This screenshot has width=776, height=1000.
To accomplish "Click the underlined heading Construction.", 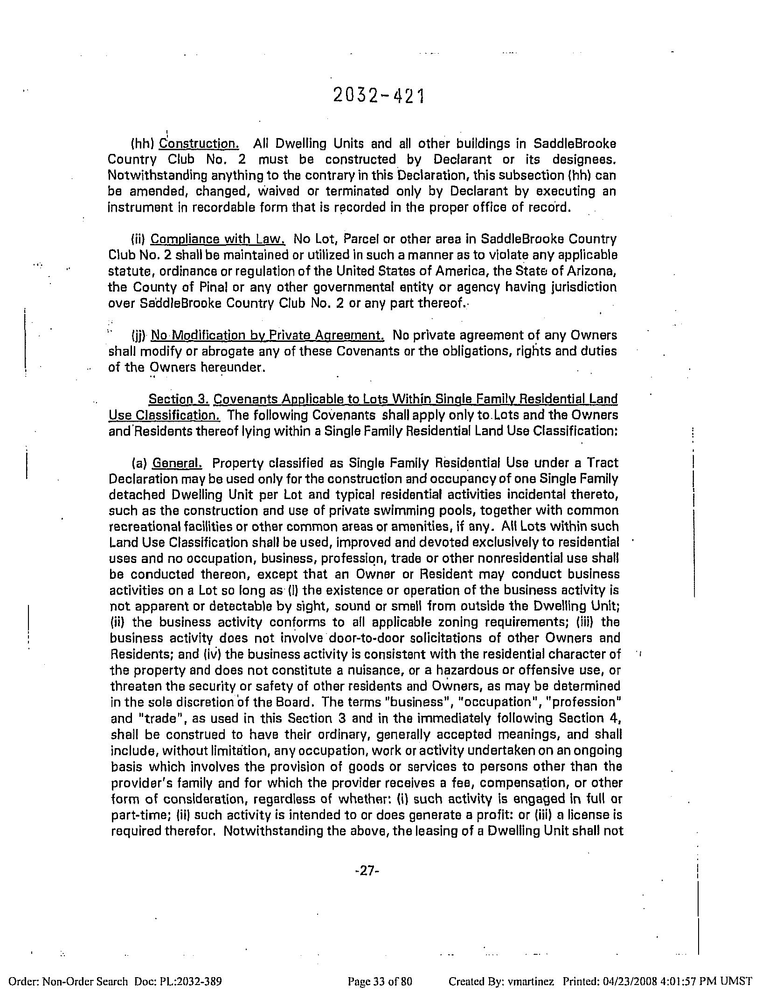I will coord(199,143).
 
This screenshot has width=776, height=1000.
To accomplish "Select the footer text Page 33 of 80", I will coord(380,981).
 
